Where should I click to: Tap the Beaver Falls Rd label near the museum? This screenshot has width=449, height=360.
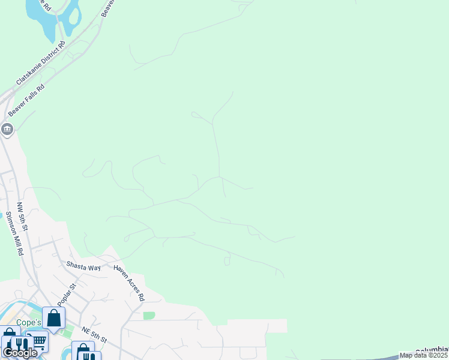coord(26,100)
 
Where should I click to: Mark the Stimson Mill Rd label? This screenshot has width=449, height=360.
coord(14,234)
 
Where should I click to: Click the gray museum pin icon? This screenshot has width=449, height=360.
coord(7,128)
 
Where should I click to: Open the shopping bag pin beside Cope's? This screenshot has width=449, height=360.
coord(53,317)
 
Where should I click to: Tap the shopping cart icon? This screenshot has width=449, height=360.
coord(38,341)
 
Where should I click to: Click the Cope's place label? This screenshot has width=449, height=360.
coord(28,322)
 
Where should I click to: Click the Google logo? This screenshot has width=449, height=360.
coord(20,353)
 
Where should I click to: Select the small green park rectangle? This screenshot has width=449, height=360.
coord(149,316)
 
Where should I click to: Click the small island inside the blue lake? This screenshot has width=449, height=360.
coord(74,13)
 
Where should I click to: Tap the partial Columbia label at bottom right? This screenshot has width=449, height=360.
coord(432,350)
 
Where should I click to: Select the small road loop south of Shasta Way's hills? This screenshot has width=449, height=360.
coord(227,261)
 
